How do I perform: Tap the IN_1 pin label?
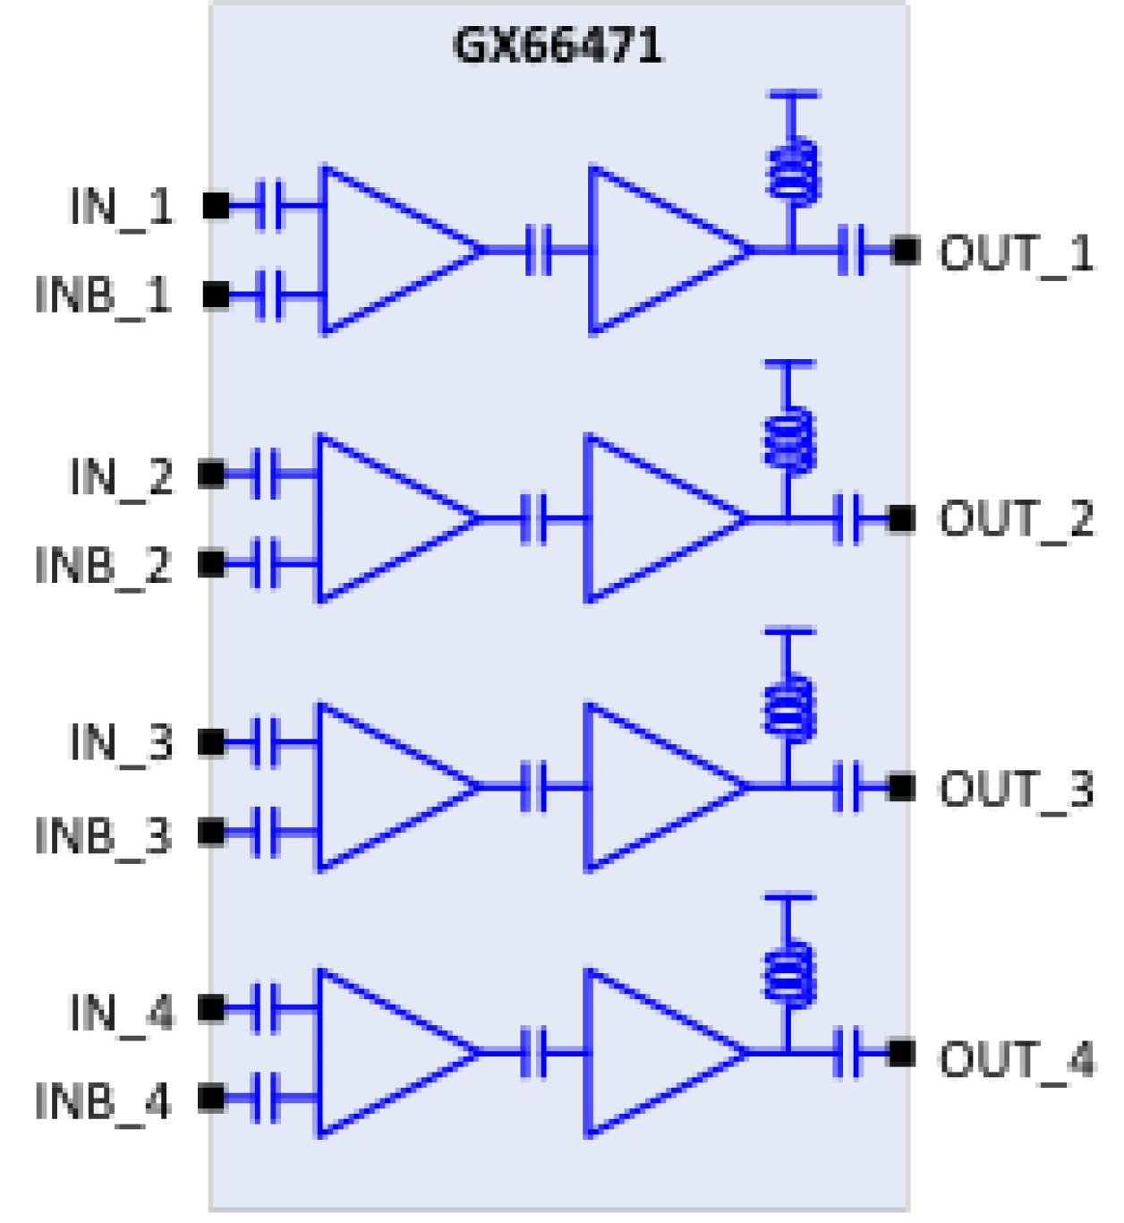tap(121, 207)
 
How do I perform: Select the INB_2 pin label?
tap(103, 566)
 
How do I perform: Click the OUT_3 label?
tap(1016, 790)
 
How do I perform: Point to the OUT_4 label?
tap(1016, 1059)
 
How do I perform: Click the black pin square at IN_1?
tap(216, 206)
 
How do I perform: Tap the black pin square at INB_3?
tap(212, 833)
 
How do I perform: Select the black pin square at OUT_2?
tap(902, 518)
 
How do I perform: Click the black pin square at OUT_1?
tap(907, 251)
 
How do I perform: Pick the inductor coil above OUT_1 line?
tap(793, 170)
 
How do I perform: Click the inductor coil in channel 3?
tap(788, 708)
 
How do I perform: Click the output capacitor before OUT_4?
tap(847, 1053)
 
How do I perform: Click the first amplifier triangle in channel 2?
tap(385, 518)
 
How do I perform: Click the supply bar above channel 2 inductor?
tap(788, 364)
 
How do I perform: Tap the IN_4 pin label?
tap(121, 1013)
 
